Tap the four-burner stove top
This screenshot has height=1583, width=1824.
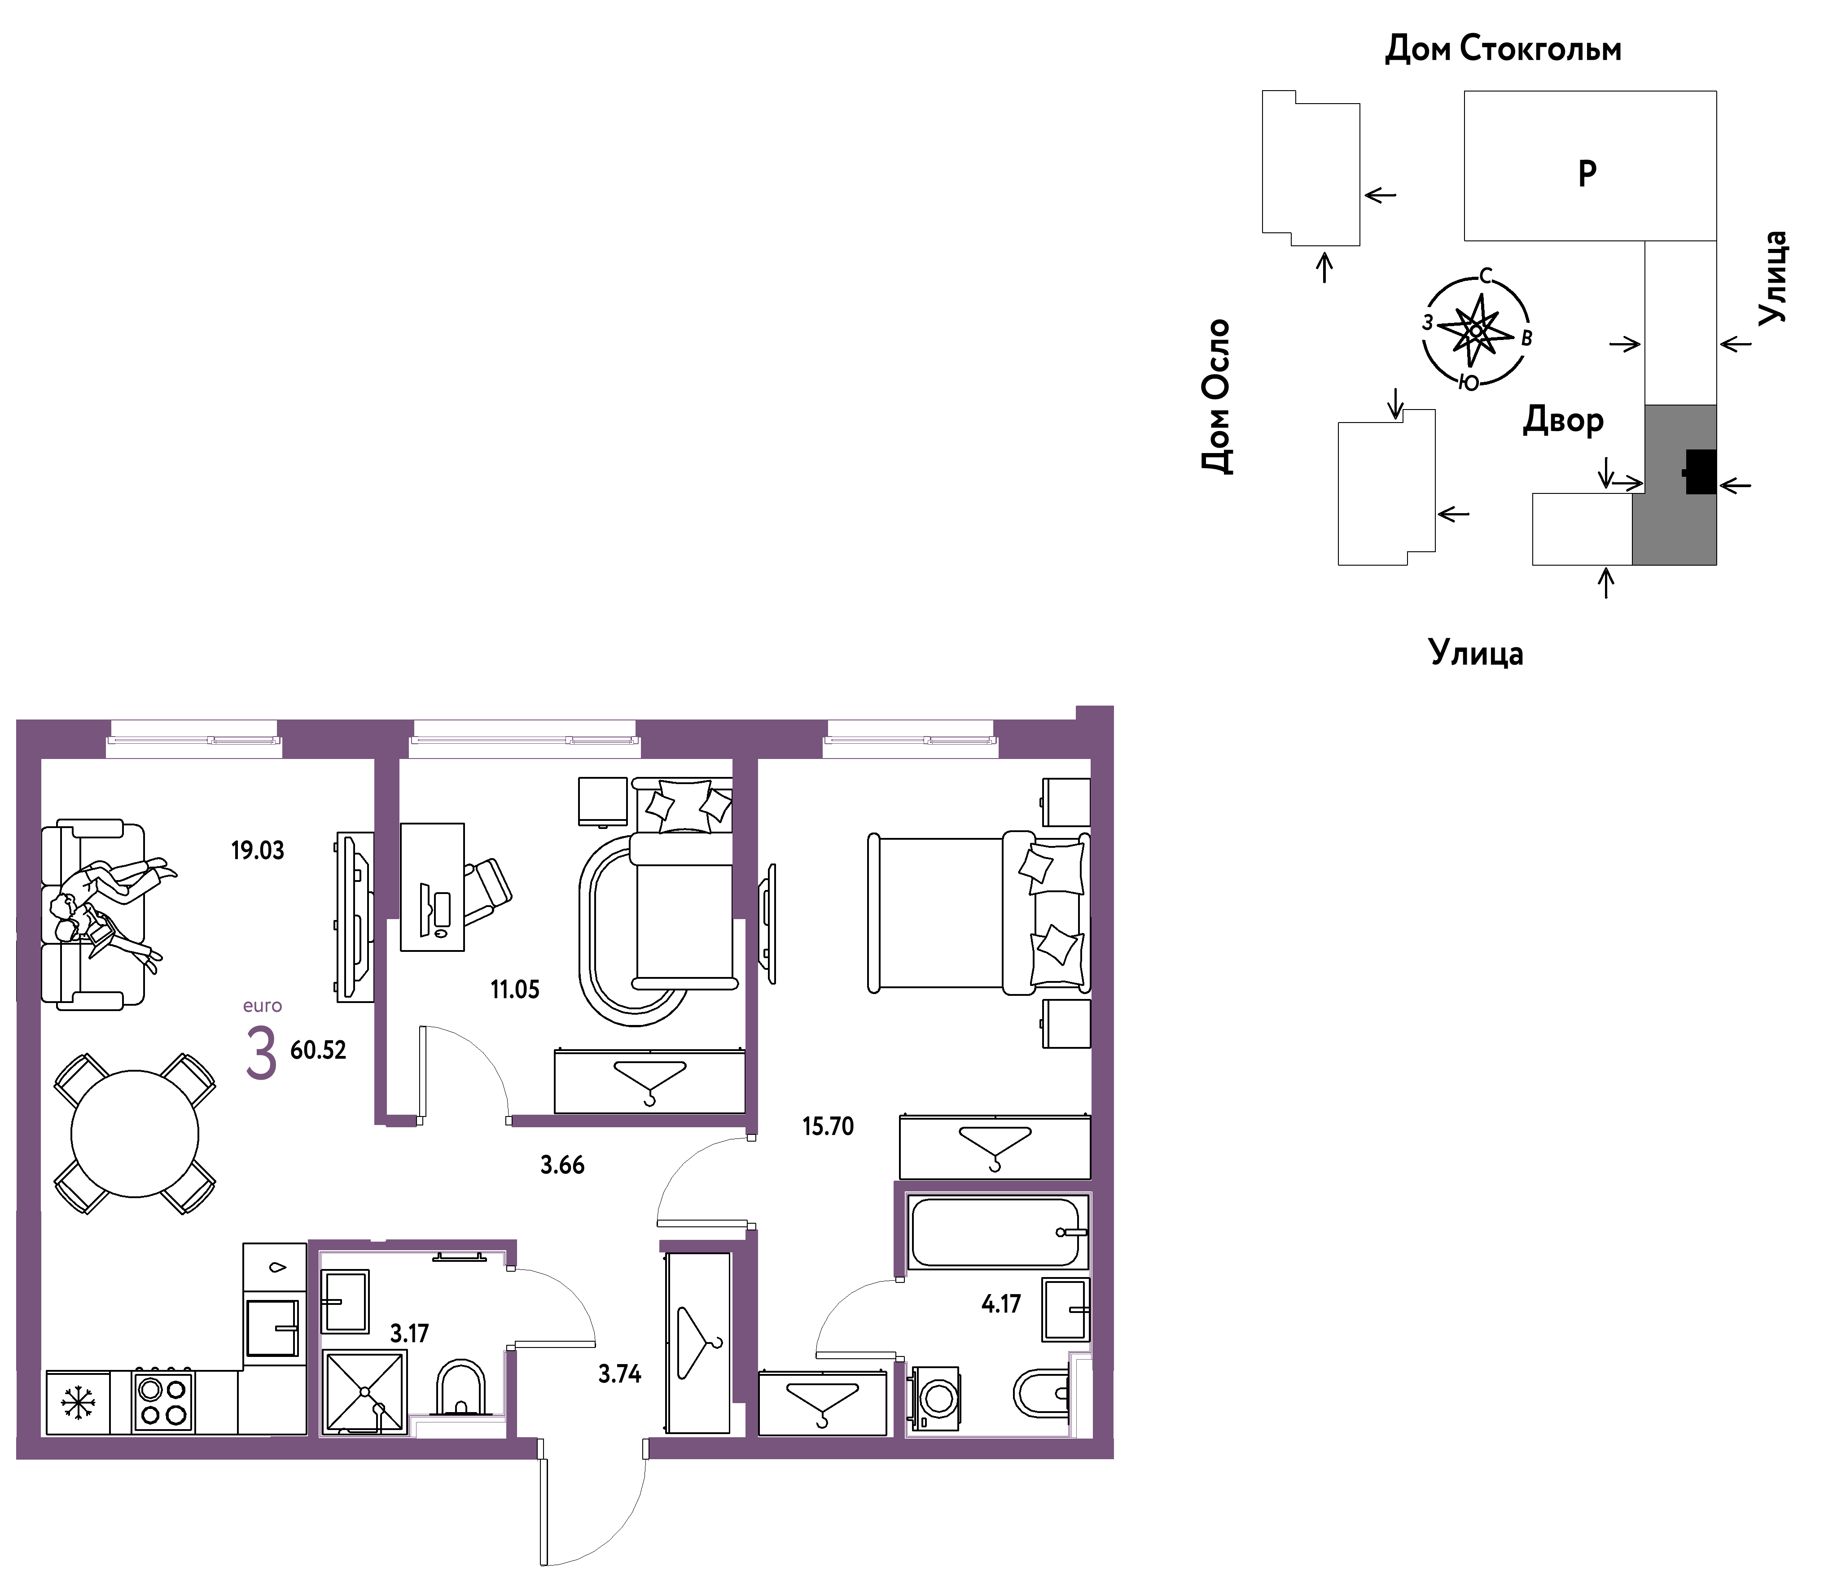(x=162, y=1402)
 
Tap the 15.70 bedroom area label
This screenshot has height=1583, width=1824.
(x=828, y=1126)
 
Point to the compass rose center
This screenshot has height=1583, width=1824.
(x=1475, y=331)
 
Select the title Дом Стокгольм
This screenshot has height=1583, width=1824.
(x=1503, y=48)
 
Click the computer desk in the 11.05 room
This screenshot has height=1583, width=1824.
(x=432, y=887)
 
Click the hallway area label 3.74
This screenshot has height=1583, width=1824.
(x=619, y=1374)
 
